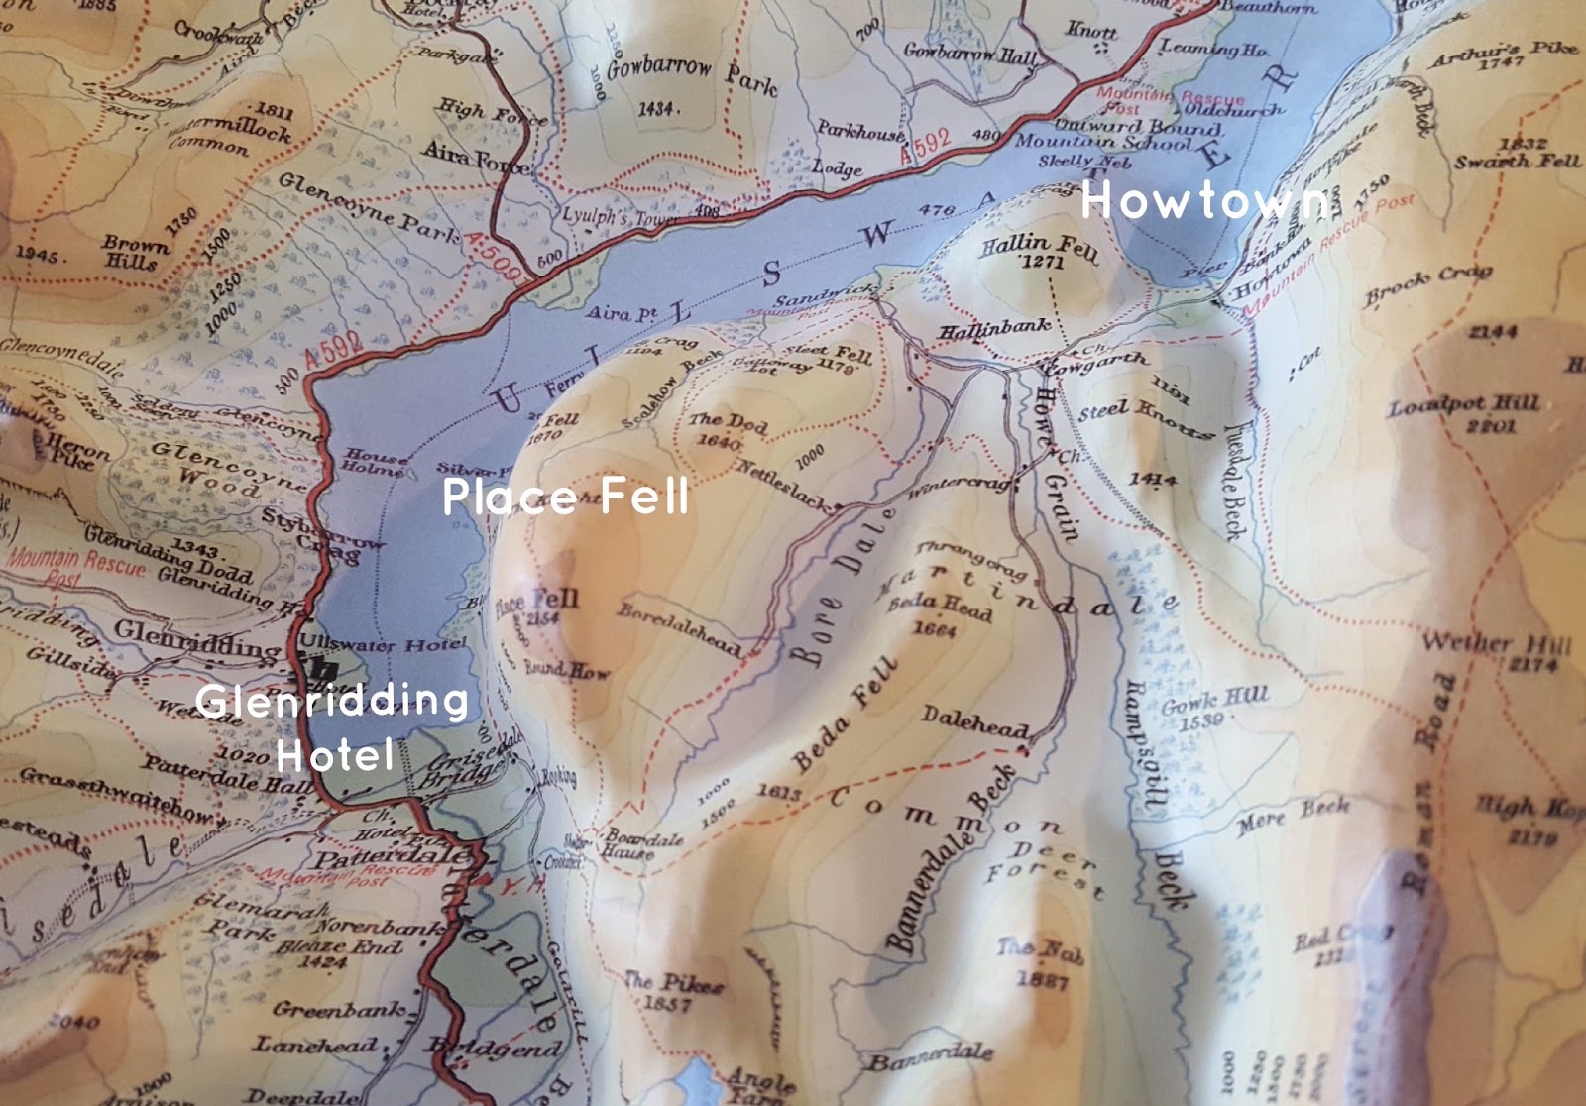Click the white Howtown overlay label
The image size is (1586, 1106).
point(1204,201)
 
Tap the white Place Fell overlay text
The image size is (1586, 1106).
point(565,496)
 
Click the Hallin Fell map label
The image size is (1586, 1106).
point(1039,248)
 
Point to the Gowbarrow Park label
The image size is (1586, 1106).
point(692,72)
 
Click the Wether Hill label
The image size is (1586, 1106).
point(1497,645)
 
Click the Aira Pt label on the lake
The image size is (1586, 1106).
point(622,313)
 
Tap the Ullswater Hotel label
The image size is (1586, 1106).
point(383,644)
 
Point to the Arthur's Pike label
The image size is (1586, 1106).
point(1501,52)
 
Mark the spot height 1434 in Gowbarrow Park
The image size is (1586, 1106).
point(656,108)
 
